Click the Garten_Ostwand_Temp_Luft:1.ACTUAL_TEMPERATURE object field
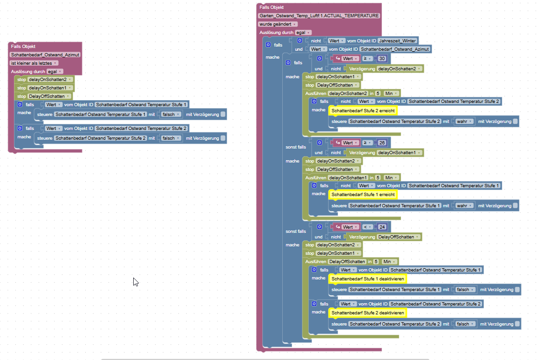click(319, 15)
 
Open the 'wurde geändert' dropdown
click(278, 24)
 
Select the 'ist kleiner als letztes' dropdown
click(34, 63)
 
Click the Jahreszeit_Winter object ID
click(397, 41)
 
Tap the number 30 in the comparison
click(382, 59)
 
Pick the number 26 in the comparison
click(382, 143)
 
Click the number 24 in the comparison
click(382, 227)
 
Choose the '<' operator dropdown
click(368, 227)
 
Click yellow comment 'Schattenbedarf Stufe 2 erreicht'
click(363, 110)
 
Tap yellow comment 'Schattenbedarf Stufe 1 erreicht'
click(363, 194)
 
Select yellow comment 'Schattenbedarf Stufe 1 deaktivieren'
click(368, 278)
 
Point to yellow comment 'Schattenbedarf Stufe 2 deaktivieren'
click(368, 312)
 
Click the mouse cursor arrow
click(136, 281)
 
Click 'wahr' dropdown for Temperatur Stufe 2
click(464, 122)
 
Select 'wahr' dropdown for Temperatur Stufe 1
click(464, 205)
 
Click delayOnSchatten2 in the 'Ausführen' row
click(348, 94)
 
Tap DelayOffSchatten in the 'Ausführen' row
click(347, 262)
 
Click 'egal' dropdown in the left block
click(54, 71)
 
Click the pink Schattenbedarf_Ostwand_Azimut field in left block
click(45, 54)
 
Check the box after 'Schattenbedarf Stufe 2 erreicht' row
click(515, 122)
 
